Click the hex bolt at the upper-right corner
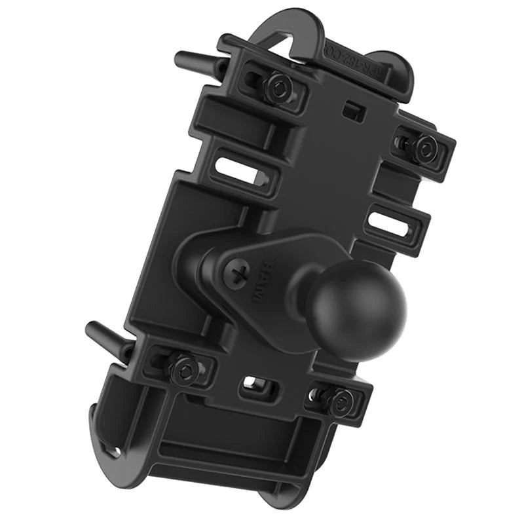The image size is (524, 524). pos(424,147)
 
